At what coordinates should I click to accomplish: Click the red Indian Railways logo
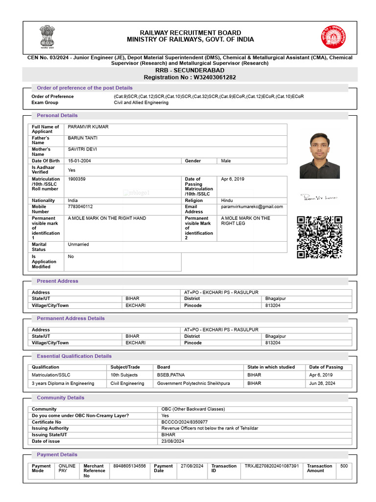pyautogui.click(x=333, y=37)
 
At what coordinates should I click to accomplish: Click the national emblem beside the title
pyautogui.click(x=47, y=37)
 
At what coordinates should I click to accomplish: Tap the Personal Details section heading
pyautogui.click(x=57, y=115)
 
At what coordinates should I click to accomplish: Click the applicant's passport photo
pyautogui.click(x=320, y=155)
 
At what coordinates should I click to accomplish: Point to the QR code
pyautogui.click(x=320, y=237)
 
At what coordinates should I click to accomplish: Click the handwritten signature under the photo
pyautogui.click(x=320, y=198)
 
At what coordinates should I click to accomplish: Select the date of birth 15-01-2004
pyautogui.click(x=79, y=161)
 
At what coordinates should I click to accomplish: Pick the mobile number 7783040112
pyautogui.click(x=80, y=207)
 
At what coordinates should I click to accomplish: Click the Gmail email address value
pyautogui.click(x=252, y=207)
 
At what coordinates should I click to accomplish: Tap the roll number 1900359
pyautogui.click(x=77, y=179)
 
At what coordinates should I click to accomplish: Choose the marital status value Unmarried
pyautogui.click(x=78, y=244)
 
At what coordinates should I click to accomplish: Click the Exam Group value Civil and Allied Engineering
pyautogui.click(x=141, y=103)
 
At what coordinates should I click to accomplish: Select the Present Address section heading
pyautogui.click(x=57, y=281)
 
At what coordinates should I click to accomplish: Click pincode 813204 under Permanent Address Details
pyautogui.click(x=273, y=343)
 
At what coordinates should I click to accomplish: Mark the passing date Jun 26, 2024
pyautogui.click(x=322, y=383)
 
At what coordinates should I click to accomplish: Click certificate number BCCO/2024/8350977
pyautogui.click(x=185, y=422)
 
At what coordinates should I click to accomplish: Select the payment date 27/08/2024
pyautogui.click(x=192, y=466)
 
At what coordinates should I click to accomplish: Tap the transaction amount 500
pyautogui.click(x=344, y=466)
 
